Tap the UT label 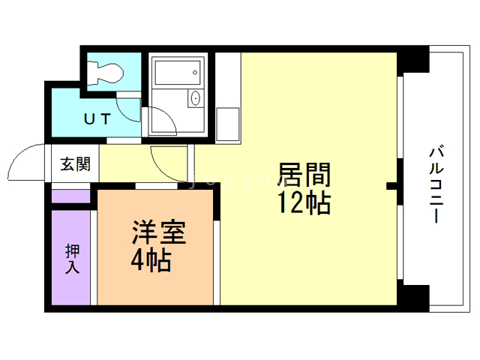coord(97,118)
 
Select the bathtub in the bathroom coord(178,73)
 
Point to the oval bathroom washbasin coord(196,97)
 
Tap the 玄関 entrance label coord(75,164)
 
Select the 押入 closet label coord(72,257)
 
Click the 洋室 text coord(159,230)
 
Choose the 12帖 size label coord(304,202)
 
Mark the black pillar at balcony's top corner coord(412,59)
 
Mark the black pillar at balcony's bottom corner coord(412,297)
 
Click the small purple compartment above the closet coord(71,198)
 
